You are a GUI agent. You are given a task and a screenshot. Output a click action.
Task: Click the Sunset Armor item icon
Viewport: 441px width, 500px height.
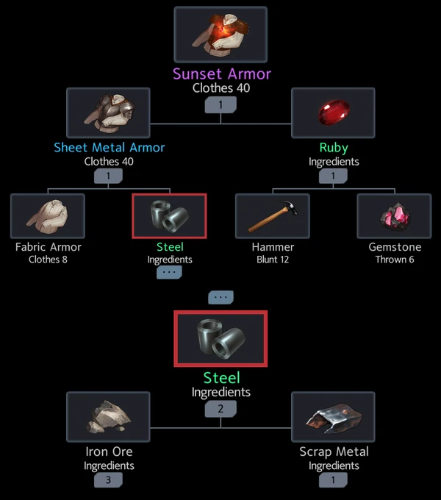pos(220,34)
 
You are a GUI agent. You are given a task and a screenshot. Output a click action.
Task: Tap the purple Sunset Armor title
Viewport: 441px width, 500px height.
pos(222,74)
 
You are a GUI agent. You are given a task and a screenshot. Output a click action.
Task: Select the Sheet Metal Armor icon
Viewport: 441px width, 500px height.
pos(108,113)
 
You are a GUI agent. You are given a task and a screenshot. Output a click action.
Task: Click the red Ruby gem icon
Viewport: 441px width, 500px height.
pos(333,113)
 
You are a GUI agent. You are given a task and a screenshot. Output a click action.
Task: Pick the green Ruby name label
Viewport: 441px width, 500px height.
pos(333,147)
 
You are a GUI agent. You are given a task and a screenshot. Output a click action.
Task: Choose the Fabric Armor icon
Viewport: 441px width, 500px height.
pos(48,216)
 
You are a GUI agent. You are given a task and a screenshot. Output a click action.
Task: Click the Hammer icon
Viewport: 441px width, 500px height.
pos(273,216)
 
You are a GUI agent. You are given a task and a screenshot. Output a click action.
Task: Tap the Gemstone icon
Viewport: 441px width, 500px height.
pos(394,216)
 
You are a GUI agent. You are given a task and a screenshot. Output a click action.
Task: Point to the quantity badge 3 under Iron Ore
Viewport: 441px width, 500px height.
pos(108,480)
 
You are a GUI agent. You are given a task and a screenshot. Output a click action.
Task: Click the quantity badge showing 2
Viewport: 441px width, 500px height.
pos(220,409)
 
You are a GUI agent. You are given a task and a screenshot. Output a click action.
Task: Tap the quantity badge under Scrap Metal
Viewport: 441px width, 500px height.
pos(333,480)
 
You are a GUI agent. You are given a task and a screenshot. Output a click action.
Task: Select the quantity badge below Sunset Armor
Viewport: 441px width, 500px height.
pos(220,104)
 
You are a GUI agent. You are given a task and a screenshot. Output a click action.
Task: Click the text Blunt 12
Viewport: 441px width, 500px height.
pos(273,260)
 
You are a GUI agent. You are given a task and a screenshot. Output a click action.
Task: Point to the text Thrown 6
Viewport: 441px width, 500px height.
pos(394,260)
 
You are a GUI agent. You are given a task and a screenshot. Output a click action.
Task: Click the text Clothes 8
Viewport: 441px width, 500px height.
pos(48,260)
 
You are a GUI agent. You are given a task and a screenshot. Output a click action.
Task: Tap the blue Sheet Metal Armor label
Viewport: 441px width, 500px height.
pos(109,147)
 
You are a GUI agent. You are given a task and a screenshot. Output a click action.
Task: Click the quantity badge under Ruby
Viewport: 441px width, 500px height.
pos(333,176)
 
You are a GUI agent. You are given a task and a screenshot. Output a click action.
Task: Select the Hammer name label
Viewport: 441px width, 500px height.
pos(273,247)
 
